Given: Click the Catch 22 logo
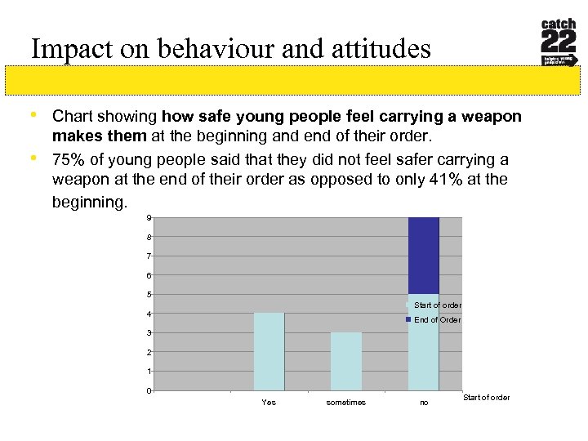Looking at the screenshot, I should pyautogui.click(x=559, y=42).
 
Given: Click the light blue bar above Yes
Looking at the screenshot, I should pyautogui.click(x=269, y=351).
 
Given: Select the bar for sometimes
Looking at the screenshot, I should pyautogui.click(x=345, y=361).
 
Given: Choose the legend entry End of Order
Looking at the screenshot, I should pyautogui.click(x=437, y=320).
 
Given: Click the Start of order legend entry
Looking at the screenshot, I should pyautogui.click(x=437, y=305).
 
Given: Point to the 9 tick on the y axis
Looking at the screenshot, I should pyautogui.click(x=149, y=218).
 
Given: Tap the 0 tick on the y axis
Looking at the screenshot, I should pyautogui.click(x=149, y=390).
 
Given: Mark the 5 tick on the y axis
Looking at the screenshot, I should pyautogui.click(x=149, y=295).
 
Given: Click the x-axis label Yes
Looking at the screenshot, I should pyautogui.click(x=268, y=403).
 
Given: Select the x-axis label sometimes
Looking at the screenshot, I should pyautogui.click(x=345, y=403).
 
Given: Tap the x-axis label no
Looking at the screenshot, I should pyautogui.click(x=423, y=403).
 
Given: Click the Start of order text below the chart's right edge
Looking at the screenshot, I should pyautogui.click(x=486, y=398).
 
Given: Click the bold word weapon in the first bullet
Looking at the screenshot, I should pyautogui.click(x=492, y=117).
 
